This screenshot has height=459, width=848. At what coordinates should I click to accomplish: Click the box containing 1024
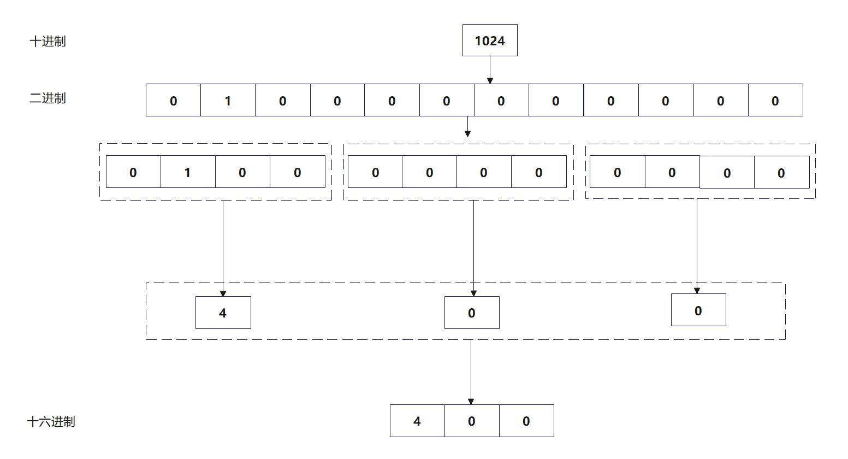tap(490, 40)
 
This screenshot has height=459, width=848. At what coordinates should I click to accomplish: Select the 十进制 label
tap(48, 42)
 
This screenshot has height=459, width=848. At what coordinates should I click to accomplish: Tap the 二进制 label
tap(48, 98)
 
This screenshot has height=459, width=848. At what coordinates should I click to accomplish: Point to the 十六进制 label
tap(51, 422)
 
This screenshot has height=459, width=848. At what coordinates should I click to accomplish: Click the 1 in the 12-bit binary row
tap(228, 101)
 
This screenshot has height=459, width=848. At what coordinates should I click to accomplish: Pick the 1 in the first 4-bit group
tap(187, 172)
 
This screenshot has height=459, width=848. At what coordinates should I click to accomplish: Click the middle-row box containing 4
tap(223, 313)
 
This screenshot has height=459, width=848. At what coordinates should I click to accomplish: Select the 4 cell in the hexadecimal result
tap(417, 421)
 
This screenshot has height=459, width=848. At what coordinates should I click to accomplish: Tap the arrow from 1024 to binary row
tap(490, 70)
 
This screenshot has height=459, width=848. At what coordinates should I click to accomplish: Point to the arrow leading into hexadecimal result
tap(471, 372)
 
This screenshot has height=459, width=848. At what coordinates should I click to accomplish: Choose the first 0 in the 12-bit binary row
tap(173, 101)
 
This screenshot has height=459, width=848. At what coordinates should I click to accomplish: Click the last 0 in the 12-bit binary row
tap(775, 101)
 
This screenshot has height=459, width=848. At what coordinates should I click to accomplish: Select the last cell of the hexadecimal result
tap(526, 421)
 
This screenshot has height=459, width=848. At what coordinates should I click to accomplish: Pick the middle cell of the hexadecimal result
tap(472, 421)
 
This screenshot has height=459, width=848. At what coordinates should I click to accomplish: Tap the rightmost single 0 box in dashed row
tap(698, 310)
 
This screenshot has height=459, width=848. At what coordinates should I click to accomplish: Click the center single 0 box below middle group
tap(472, 313)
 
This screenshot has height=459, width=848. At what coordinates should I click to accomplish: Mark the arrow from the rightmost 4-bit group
tap(697, 246)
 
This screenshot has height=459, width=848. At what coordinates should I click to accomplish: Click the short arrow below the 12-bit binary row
tap(467, 127)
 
